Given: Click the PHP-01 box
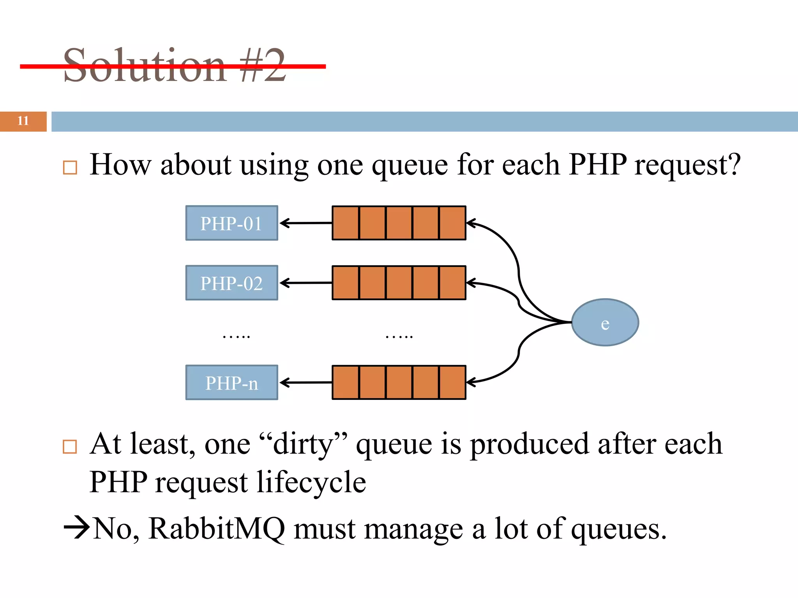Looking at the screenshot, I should [x=231, y=223].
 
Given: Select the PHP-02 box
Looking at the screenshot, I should [x=231, y=283].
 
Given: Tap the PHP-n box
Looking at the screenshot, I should [x=231, y=382].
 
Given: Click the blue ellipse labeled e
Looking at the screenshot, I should [x=605, y=322].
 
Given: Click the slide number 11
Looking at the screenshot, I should [x=23, y=121].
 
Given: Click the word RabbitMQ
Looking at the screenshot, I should [x=216, y=529].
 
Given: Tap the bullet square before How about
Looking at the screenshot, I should [x=70, y=168].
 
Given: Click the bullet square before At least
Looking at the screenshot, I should [x=70, y=447].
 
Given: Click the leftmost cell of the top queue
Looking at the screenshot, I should [x=346, y=223].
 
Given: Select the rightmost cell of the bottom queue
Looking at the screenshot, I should [x=452, y=382].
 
